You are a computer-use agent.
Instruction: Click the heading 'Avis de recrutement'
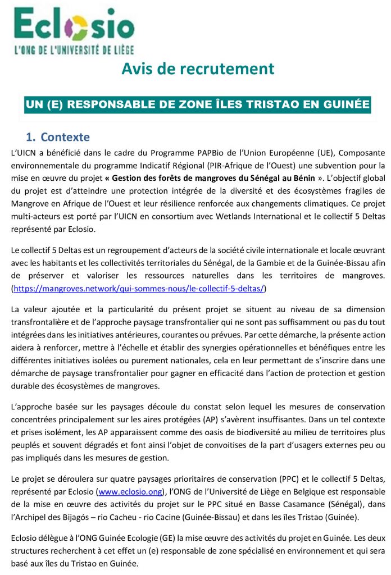[x=198, y=69]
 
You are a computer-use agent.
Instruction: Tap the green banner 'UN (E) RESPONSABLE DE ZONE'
[x=198, y=104]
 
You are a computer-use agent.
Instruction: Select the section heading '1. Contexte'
[x=58, y=138]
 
